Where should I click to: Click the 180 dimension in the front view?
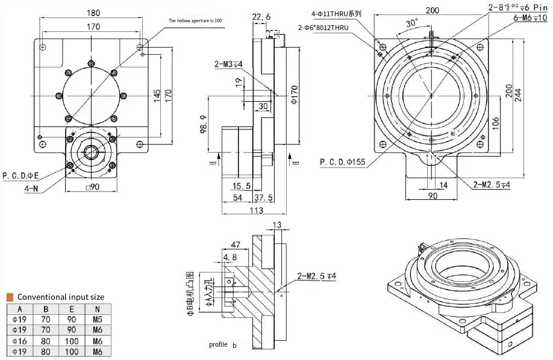[x=93, y=13]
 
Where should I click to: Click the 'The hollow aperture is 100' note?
[x=195, y=20]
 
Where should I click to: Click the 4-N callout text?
[x=31, y=188]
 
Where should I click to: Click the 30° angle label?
[x=412, y=23]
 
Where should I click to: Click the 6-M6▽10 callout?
[x=530, y=18]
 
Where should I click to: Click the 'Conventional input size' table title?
[x=60, y=297]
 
